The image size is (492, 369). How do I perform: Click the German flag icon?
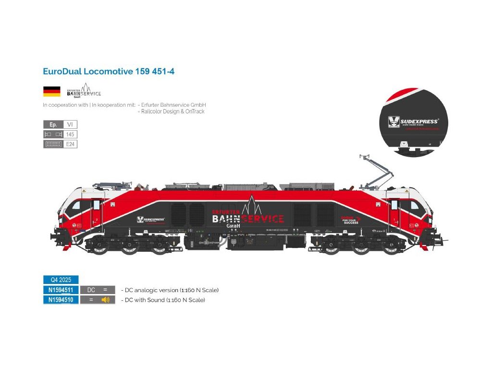(52, 91)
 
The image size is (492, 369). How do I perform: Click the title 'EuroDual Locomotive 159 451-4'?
(109, 71)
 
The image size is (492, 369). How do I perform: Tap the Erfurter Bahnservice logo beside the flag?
(84, 90)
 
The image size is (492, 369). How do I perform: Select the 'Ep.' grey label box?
(53, 124)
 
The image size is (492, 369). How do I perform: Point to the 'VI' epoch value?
(70, 124)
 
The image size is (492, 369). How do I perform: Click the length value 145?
(70, 134)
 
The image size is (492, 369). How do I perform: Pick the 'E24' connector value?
(70, 144)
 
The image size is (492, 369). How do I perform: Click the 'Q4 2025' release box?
(61, 280)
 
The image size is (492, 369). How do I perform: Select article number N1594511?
(61, 290)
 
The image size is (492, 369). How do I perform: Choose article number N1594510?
(61, 300)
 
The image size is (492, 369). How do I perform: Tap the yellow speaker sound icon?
(106, 300)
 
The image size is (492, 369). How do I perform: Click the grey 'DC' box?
(91, 290)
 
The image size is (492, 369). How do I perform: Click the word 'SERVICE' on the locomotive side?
(262, 219)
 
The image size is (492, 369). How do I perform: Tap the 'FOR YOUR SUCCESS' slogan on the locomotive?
(350, 221)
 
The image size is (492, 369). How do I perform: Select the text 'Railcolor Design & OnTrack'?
(172, 111)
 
